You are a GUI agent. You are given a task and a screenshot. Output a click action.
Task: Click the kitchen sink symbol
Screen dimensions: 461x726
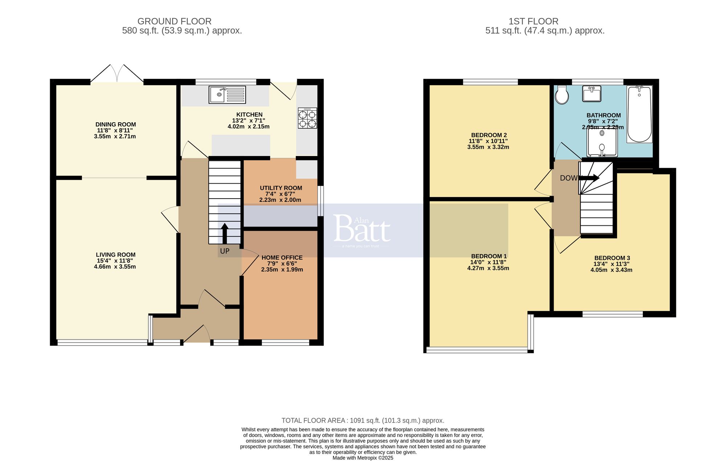(x=227, y=94)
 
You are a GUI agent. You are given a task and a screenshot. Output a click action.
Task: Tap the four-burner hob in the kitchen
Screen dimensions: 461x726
(x=307, y=118)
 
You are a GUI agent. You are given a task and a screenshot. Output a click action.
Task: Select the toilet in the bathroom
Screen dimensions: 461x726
(x=562, y=95)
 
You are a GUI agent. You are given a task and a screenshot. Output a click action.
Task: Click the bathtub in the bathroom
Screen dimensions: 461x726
(x=639, y=114)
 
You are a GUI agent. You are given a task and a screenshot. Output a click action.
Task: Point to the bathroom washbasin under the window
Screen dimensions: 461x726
(x=592, y=94)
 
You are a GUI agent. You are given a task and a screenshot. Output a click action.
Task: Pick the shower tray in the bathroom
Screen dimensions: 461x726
(x=602, y=142)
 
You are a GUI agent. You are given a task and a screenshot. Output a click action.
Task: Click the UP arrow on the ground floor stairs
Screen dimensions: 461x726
(x=225, y=233)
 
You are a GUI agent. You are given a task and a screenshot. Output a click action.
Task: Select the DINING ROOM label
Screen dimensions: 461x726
(x=115, y=125)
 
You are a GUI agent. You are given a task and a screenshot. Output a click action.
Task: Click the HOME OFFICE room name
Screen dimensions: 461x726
(x=282, y=258)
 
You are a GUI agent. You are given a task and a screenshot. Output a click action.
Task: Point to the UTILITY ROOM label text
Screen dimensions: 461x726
(x=281, y=188)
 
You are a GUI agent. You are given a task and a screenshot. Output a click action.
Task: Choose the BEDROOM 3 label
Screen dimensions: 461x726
(x=612, y=258)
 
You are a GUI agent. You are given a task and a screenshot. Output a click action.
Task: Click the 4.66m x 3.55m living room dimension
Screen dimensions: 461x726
(x=115, y=267)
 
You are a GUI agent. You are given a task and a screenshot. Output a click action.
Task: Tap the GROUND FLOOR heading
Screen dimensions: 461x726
(x=174, y=21)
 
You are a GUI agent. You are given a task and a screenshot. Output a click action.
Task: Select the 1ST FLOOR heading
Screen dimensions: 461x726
(x=533, y=21)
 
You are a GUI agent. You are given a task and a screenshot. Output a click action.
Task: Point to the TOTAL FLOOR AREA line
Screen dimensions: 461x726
(x=363, y=421)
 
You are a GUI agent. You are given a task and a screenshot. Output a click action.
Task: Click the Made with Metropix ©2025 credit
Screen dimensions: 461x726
(x=363, y=458)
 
